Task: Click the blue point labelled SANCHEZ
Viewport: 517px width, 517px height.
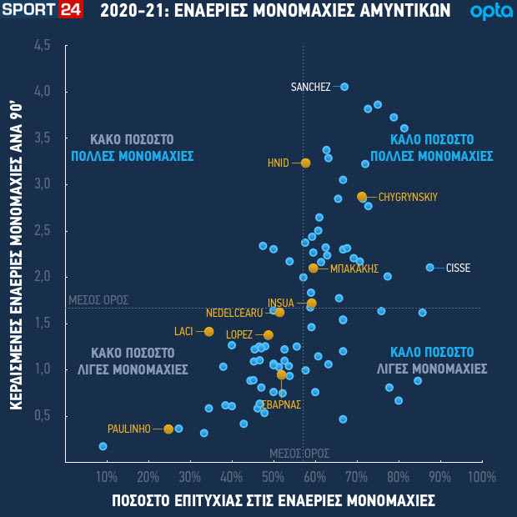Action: pyautogui.click(x=344, y=87)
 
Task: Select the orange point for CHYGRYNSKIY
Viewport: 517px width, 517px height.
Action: pyautogui.click(x=362, y=197)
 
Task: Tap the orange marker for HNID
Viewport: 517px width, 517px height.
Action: pyautogui.click(x=305, y=163)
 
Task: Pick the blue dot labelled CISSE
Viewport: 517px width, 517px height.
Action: pyautogui.click(x=430, y=268)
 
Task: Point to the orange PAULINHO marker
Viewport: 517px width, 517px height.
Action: pyautogui.click(x=168, y=429)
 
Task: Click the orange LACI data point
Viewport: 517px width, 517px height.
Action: pyautogui.click(x=209, y=332)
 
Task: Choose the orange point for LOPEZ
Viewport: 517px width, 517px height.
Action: pyautogui.click(x=269, y=335)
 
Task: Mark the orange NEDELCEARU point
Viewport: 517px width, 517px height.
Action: pyautogui.click(x=279, y=313)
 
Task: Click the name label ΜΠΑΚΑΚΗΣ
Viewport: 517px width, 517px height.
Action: pyautogui.click(x=354, y=269)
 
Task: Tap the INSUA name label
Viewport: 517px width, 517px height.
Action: pyautogui.click(x=280, y=303)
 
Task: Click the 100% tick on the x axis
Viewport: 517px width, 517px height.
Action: pyautogui.click(x=482, y=477)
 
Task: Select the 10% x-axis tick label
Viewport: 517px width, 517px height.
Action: pyautogui.click(x=107, y=477)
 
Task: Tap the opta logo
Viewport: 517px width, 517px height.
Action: pyautogui.click(x=486, y=12)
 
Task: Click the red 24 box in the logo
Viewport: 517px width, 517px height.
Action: pyautogui.click(x=70, y=11)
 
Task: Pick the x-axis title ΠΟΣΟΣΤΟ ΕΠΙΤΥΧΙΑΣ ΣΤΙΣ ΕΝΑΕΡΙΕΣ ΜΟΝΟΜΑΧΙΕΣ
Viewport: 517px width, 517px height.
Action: pyautogui.click(x=274, y=500)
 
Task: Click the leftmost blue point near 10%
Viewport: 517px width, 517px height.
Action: pyautogui.click(x=103, y=446)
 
